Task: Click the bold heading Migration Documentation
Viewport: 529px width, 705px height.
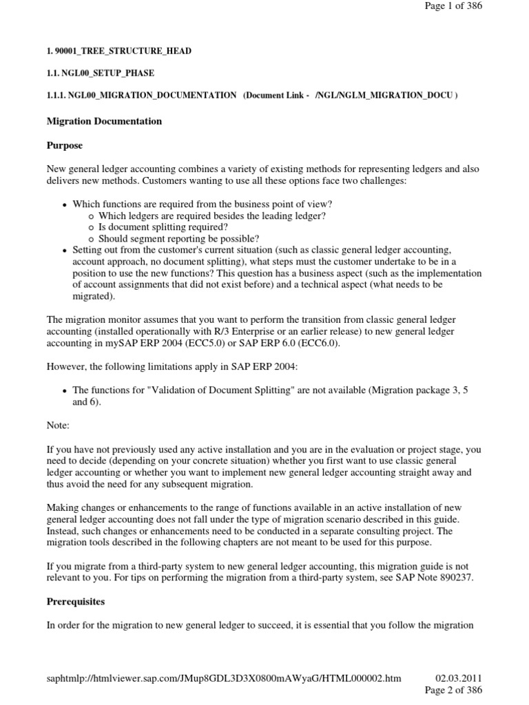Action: tap(104, 121)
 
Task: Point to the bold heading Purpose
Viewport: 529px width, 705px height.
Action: tap(65, 146)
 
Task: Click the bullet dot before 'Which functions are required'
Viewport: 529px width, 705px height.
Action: tap(65, 205)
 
